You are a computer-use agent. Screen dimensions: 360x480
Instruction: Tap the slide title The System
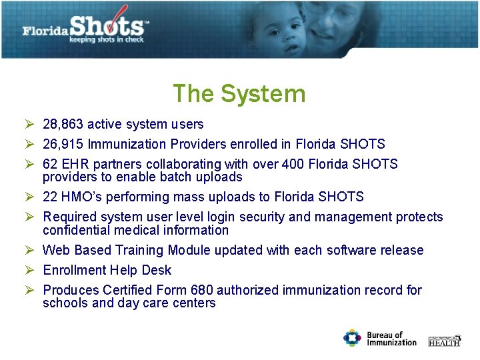pos(239,93)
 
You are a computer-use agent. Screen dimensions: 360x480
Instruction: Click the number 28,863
pos(63,124)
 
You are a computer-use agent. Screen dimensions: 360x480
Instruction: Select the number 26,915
pos(63,144)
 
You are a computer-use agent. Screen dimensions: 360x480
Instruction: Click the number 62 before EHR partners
pos(50,164)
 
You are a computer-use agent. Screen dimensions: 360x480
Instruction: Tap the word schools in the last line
pos(64,303)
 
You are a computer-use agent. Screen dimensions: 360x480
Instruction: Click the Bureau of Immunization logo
pos(379,338)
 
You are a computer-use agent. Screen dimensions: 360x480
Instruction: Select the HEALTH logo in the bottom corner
pos(444,340)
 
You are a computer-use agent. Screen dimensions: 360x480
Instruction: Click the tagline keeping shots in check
pos(106,40)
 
